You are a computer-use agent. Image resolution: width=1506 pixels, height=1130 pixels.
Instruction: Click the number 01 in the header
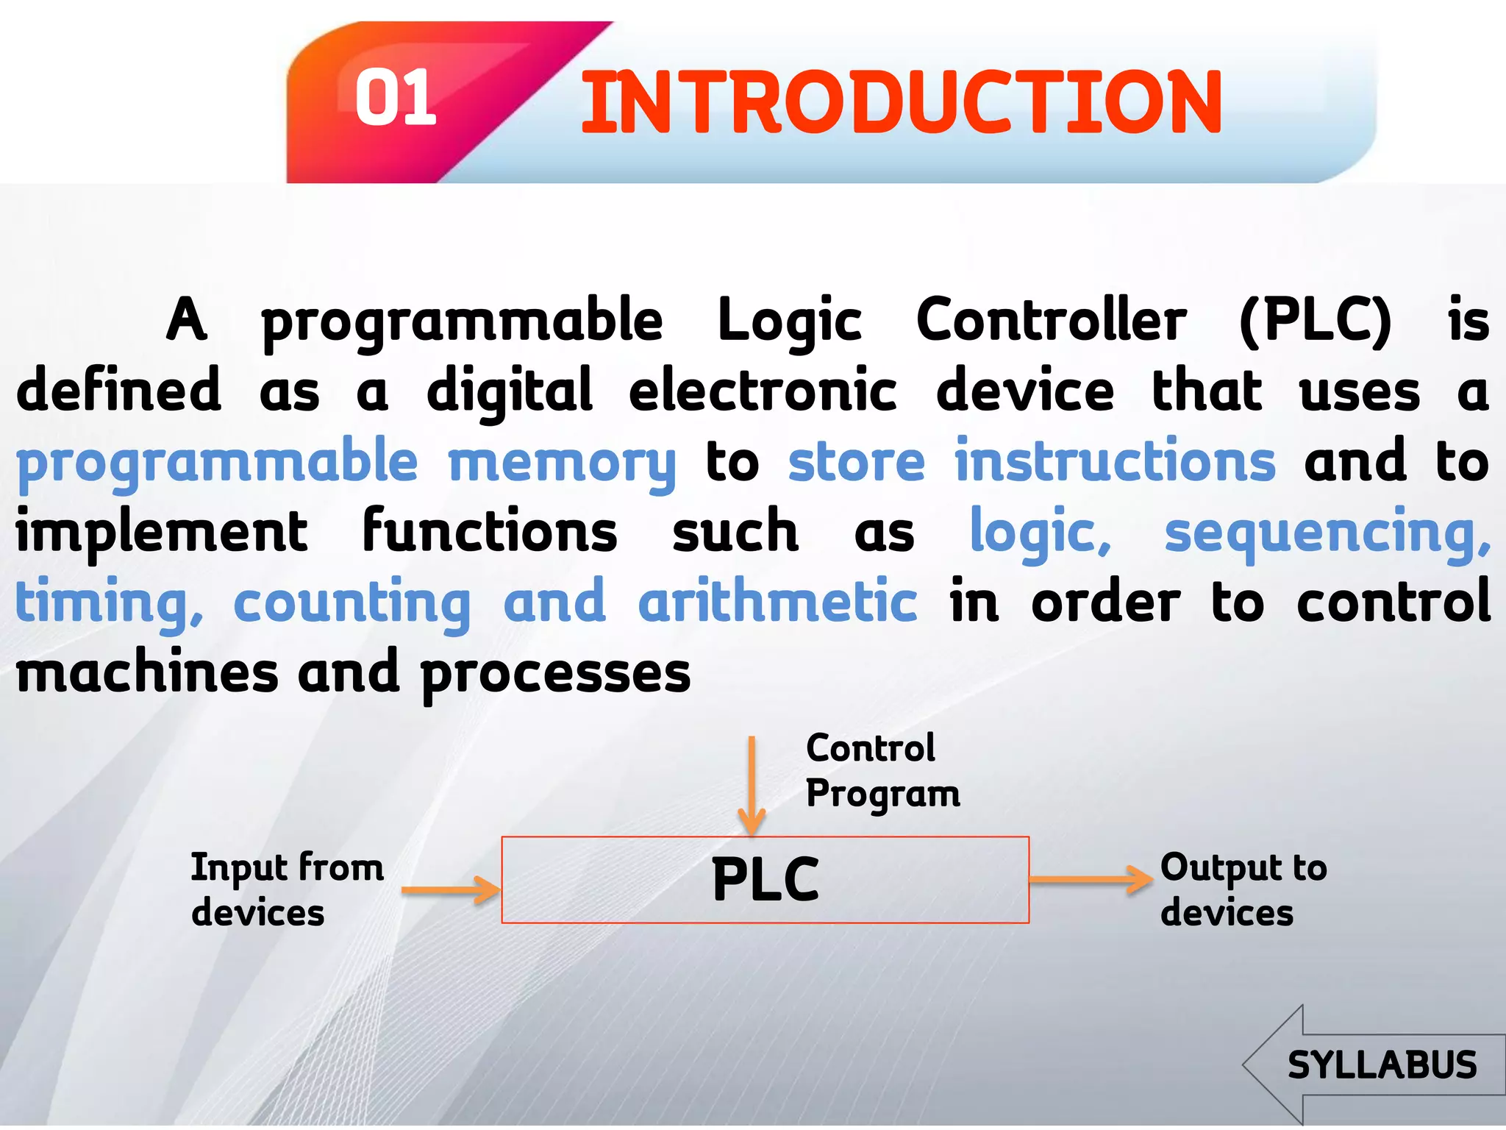coord(396,98)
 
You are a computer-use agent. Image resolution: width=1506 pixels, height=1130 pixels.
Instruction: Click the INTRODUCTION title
coord(901,103)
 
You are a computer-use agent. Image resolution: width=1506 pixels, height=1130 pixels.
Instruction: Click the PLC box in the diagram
coord(765,880)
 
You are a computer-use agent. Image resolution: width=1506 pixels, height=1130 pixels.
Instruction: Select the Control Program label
coord(882,771)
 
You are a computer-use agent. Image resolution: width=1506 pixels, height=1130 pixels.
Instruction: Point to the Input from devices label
coord(287,890)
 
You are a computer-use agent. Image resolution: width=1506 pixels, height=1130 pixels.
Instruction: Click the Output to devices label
coord(1243,890)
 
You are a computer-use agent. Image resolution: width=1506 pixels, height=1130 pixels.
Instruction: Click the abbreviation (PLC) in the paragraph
coord(1315,321)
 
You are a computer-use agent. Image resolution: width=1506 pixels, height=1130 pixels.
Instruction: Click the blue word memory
coord(562,463)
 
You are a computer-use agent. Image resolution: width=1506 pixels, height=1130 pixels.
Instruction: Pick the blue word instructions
coord(1115,461)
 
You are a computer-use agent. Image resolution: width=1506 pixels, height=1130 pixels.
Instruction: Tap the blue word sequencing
coord(1327,533)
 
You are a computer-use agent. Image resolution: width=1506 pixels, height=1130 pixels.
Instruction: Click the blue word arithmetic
coord(777,602)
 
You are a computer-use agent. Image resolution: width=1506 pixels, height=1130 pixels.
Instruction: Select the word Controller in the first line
coord(1051,321)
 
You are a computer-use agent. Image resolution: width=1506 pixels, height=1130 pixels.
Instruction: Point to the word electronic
coord(763,391)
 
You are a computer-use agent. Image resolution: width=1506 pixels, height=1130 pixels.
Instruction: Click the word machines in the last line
coord(147,672)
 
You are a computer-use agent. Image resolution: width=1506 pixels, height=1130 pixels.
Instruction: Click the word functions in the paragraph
coord(490,531)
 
